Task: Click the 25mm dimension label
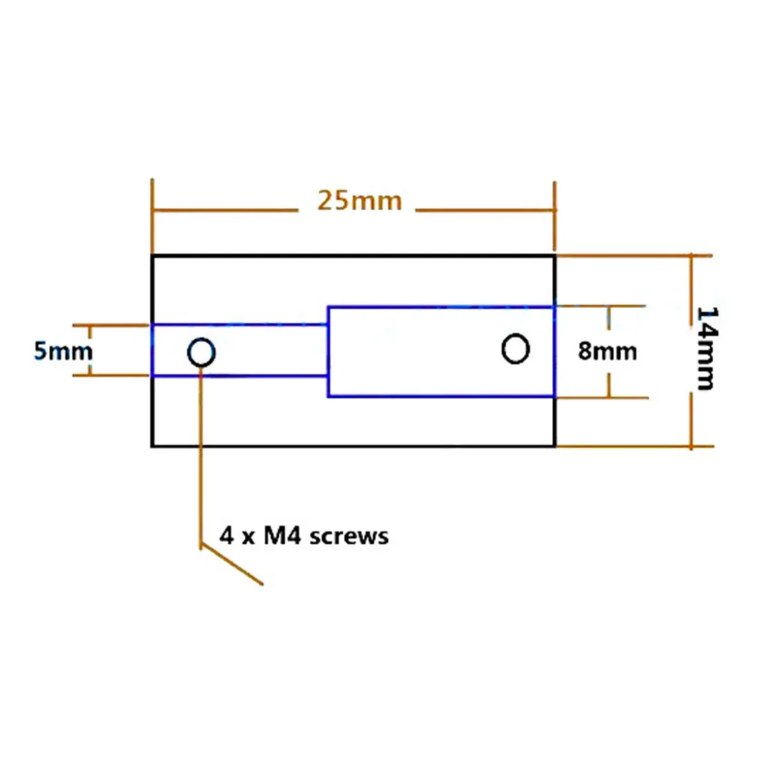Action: click(359, 200)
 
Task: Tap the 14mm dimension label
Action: click(707, 348)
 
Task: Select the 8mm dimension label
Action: click(608, 351)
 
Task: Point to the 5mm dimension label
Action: click(62, 351)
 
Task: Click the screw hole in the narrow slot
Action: click(201, 340)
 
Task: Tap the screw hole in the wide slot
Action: click(515, 335)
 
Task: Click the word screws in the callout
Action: click(348, 536)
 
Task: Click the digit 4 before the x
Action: click(226, 535)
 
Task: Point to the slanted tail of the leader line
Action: click(232, 565)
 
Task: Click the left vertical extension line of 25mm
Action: click(152, 216)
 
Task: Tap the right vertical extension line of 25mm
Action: click(555, 216)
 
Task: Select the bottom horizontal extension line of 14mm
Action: click(635, 446)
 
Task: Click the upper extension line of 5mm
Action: click(110, 325)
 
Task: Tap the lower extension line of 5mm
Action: click(110, 375)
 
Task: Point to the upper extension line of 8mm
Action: click(601, 306)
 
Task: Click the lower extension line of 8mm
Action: click(602, 397)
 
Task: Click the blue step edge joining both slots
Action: click(329, 352)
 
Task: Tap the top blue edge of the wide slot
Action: click(441, 307)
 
